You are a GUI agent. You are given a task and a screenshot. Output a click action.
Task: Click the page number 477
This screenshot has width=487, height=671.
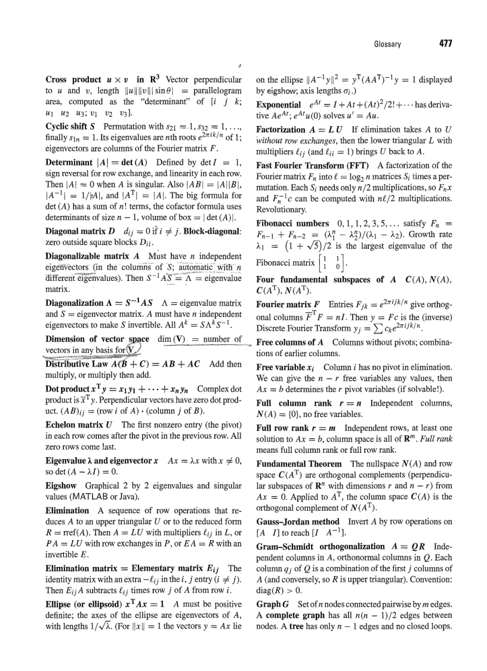coord(444,44)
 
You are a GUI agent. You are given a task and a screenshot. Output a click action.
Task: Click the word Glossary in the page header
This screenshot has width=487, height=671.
coord(387,44)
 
